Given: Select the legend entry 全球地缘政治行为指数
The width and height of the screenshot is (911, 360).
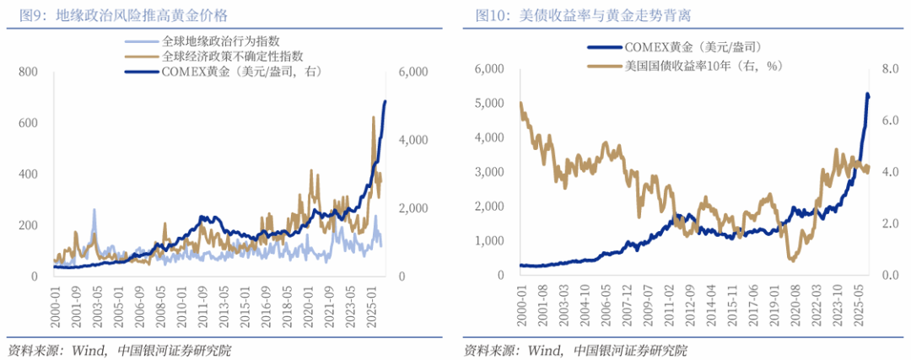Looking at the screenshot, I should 220,41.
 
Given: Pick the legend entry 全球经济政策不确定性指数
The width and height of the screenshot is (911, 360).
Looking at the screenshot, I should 232,56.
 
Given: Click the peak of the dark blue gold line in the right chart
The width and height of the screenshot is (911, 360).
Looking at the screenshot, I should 868,94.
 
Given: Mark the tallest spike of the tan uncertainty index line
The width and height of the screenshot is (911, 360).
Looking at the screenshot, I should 374,117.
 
